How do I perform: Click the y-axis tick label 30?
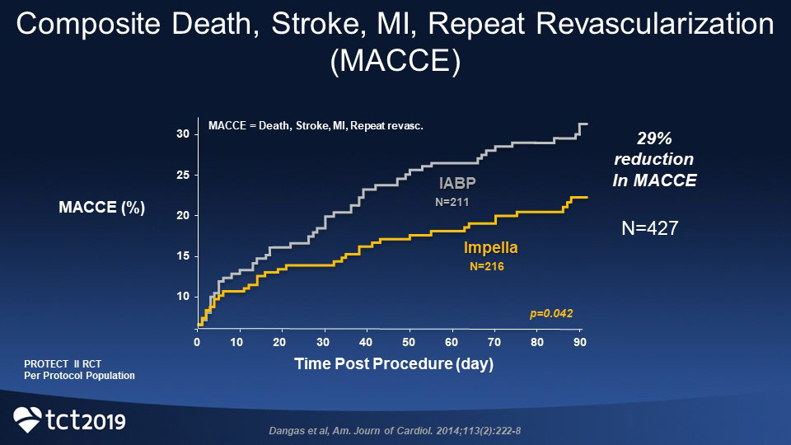click(182, 134)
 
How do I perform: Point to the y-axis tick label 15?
click(182, 256)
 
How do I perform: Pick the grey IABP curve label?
click(457, 182)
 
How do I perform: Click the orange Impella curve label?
click(491, 248)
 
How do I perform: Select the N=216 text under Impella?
click(486, 266)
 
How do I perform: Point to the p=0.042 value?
click(550, 313)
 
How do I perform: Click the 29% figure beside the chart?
click(653, 138)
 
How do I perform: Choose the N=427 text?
click(649, 229)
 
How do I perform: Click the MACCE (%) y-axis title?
click(102, 208)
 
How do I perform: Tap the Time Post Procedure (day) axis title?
click(393, 364)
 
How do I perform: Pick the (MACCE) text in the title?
click(395, 63)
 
